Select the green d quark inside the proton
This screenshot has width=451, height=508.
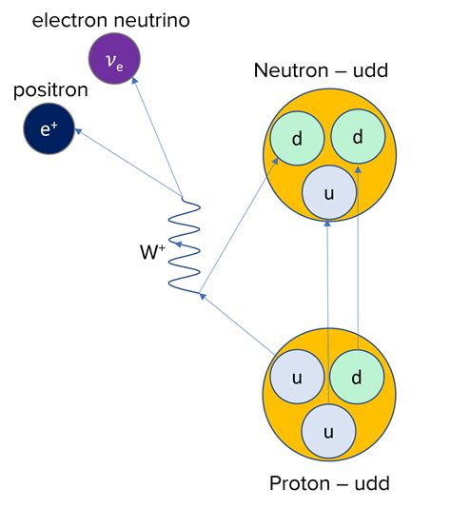[x=357, y=378]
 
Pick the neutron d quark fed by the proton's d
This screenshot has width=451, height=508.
[x=358, y=137]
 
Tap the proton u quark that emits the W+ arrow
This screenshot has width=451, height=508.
[x=297, y=378]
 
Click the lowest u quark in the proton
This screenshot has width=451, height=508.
[x=329, y=432]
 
